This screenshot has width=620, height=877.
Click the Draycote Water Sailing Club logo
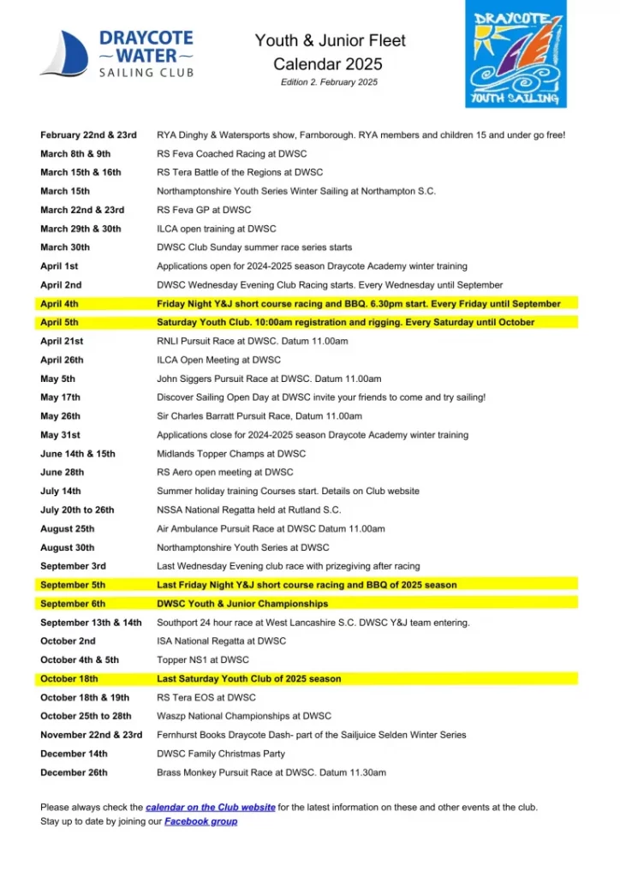click(117, 53)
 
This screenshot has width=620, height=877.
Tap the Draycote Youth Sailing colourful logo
click(516, 54)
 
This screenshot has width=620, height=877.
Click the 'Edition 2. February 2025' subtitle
click(329, 82)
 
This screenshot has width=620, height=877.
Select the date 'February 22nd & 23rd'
click(88, 135)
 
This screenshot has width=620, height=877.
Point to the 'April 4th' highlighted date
click(59, 304)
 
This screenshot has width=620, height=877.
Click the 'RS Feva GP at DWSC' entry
click(204, 210)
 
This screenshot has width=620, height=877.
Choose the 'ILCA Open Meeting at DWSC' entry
click(218, 361)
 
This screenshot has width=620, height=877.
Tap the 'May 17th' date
click(60, 397)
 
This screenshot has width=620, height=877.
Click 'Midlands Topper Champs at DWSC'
click(231, 454)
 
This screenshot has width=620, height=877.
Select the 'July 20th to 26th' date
click(77, 510)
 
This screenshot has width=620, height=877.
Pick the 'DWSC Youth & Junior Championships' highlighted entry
click(242, 604)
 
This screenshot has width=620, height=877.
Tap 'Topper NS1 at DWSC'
click(203, 660)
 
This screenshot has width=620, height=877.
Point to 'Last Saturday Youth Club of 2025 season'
click(249, 679)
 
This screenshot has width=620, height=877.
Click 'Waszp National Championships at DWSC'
click(244, 717)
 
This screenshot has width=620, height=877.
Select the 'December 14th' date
click(74, 755)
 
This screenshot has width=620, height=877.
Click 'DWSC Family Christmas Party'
click(219, 755)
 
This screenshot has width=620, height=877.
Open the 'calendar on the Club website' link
click(211, 808)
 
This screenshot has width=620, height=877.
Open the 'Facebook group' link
click(200, 822)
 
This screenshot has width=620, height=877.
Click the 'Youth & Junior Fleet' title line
click(330, 41)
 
